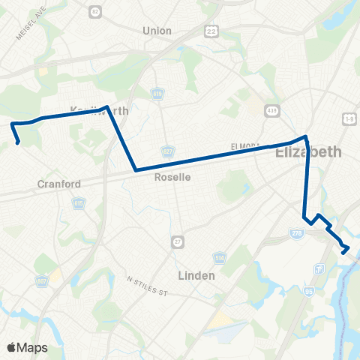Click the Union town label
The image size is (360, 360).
tap(157, 31)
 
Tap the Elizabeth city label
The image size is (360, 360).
tap(309, 152)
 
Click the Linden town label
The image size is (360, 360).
tap(196, 275)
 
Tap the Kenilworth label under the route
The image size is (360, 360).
tap(100, 111)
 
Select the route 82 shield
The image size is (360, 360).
tap(94, 11)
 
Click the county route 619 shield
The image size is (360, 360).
tap(157, 94)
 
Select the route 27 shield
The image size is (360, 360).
tap(177, 241)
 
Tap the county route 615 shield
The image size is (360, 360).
tap(79, 202)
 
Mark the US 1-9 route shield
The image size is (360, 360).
tap(349, 118)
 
